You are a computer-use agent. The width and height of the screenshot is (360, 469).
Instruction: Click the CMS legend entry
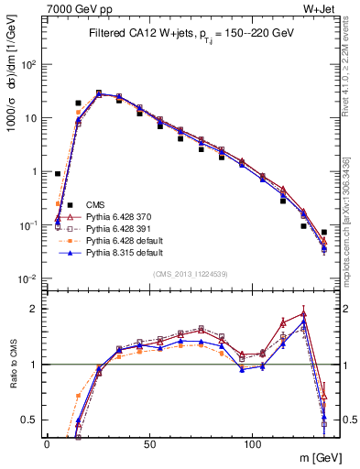(94, 204)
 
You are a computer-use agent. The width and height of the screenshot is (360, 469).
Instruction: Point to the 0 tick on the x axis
(47, 442)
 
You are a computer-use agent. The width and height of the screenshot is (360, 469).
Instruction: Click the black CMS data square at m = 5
(58, 173)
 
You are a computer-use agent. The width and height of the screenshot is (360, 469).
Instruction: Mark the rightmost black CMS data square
(324, 232)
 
